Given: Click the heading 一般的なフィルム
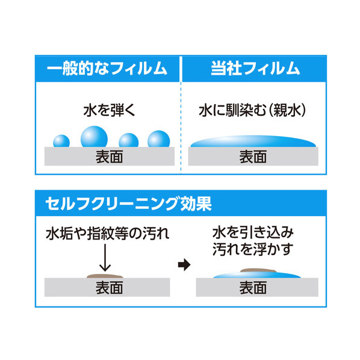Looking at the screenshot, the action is pos(107,69).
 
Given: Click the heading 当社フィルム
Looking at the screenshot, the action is pos(255,69).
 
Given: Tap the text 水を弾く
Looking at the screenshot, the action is pos(110,110).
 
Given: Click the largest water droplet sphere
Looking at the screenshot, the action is pos(94,137).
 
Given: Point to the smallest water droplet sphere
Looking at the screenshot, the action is pos(61,141).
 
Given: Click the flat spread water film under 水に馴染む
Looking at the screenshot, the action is pos(253,141).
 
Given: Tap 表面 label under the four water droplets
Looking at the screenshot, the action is pos(110,157).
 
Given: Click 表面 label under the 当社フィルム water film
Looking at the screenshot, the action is pos(253,157).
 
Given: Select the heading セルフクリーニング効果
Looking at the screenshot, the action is pos(128,203).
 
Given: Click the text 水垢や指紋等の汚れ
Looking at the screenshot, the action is pos(107,234).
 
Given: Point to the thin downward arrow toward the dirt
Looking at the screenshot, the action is pos(105,258).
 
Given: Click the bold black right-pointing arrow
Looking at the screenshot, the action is pos(184,265).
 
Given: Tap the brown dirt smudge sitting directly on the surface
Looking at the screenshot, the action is pos(105,276).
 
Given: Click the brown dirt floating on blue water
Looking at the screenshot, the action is pos(258,270).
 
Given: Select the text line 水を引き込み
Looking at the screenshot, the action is pos(253,233).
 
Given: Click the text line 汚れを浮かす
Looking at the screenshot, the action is pos(253,249).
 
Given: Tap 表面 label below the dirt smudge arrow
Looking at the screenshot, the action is pos(110,288).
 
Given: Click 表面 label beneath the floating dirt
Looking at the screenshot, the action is pos(253,288).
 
